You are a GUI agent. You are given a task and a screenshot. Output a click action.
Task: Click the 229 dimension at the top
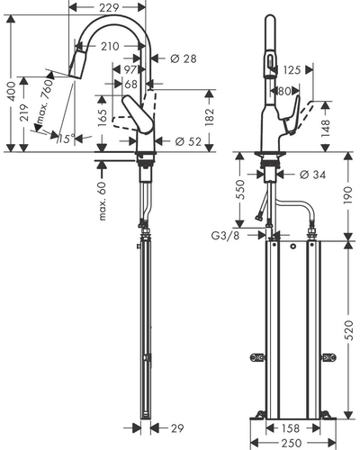point(109,7)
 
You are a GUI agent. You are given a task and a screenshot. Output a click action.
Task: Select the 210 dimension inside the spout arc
point(110,46)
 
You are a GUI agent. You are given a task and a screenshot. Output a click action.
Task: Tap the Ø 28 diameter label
point(184,58)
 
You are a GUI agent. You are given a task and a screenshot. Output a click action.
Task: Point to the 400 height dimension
point(11,91)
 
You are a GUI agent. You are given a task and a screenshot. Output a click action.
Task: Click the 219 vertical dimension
point(24,112)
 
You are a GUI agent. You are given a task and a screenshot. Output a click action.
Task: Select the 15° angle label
point(67,139)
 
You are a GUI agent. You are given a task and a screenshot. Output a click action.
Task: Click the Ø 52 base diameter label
point(188,141)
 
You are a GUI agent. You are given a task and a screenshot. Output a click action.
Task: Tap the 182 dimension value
point(210,116)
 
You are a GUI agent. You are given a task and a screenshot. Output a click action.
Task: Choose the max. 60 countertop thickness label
point(103,201)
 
